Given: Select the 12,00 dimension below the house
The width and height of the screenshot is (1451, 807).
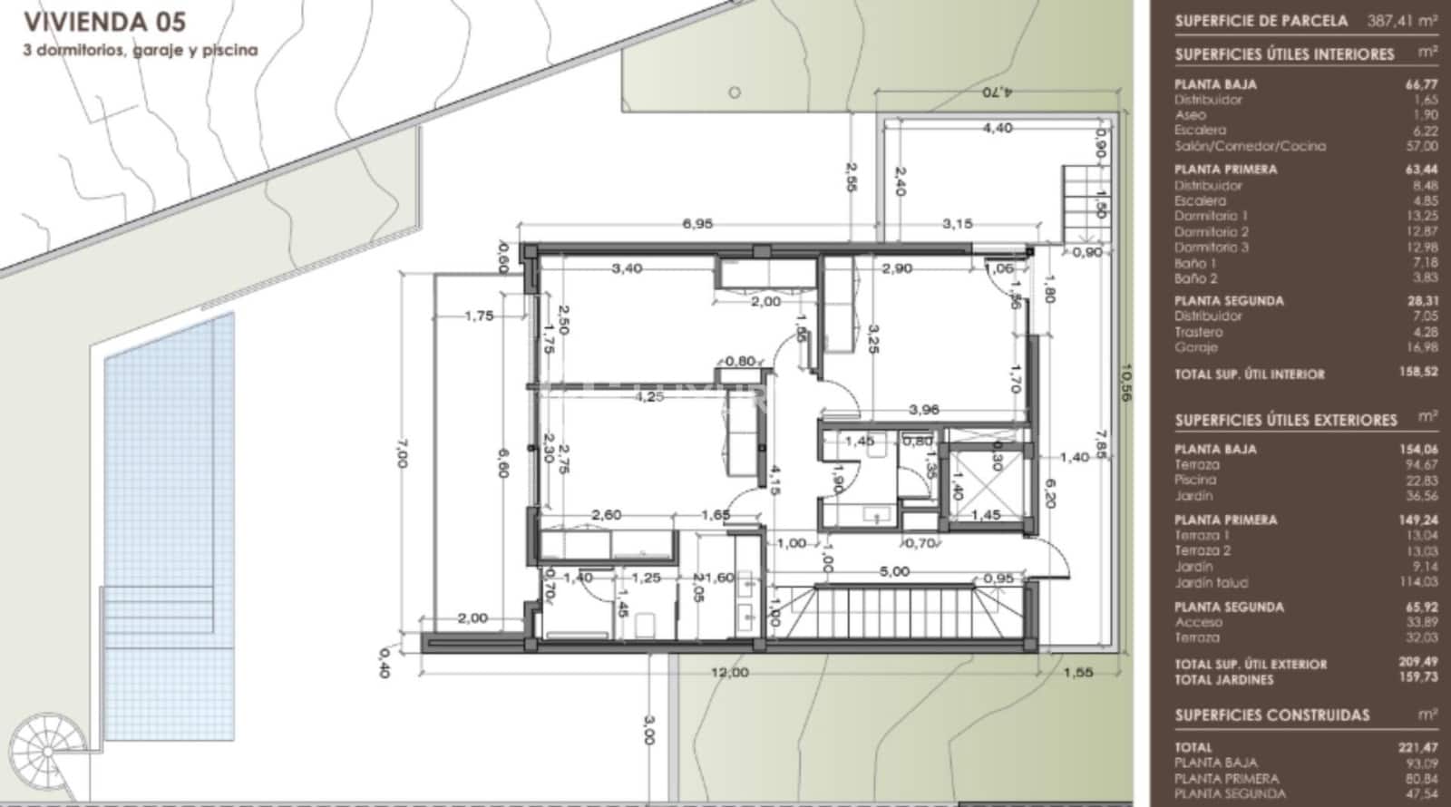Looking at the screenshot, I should pos(730,673).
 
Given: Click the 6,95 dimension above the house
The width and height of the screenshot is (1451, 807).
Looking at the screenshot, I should pos(697,223).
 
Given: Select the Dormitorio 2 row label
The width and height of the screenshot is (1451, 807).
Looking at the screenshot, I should pos(1211,232).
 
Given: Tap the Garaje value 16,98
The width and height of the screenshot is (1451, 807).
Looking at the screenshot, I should pos(1422,347).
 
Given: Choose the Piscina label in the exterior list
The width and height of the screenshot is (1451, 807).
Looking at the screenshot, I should pos(1194,480).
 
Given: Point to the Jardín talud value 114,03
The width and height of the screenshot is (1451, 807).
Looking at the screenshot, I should pos(1418,582).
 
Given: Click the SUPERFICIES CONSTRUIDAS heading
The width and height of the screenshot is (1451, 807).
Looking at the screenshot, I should pos(1272,715).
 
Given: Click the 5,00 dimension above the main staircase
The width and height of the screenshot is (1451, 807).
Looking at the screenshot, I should pos(894,572).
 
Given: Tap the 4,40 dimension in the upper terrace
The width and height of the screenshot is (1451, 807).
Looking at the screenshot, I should pos(997,129).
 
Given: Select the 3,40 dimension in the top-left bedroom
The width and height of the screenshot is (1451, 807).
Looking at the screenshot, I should pos(628,268).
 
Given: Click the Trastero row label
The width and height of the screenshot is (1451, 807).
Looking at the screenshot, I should pos(1198,332).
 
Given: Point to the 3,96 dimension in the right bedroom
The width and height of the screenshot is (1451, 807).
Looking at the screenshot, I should pos(923,410).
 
